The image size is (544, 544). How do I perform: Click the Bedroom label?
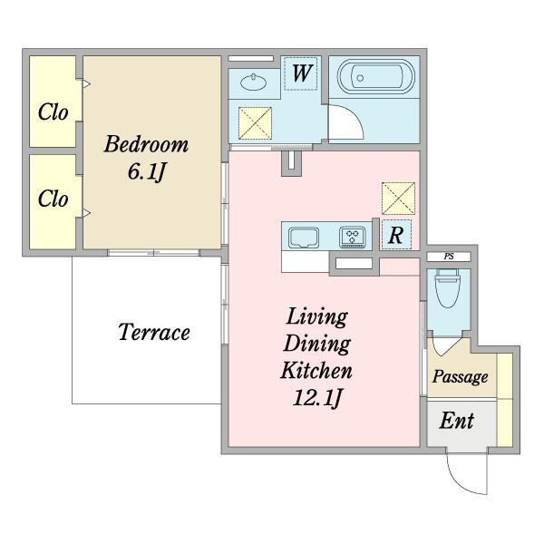point(146,144)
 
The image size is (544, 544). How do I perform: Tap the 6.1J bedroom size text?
point(146,171)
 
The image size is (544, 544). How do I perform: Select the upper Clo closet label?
point(53,112)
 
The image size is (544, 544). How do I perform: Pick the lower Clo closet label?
point(53,199)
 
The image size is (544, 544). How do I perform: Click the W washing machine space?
point(301,73)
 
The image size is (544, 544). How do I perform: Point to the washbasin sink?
point(254,82)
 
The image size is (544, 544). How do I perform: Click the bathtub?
point(376,77)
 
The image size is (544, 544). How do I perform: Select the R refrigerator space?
point(396,235)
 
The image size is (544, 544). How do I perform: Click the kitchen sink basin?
point(304,238)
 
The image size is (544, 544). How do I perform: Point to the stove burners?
point(353,237)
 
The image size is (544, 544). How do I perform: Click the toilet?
point(447,288)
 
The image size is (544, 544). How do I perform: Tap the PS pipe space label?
point(449,257)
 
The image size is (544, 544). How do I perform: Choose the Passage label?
point(460,377)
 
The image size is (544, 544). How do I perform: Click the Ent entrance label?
point(457,421)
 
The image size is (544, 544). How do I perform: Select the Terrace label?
point(154,332)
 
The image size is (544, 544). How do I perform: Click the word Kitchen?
point(316,370)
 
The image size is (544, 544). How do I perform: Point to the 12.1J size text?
point(318,398)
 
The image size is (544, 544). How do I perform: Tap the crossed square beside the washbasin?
point(255,123)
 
